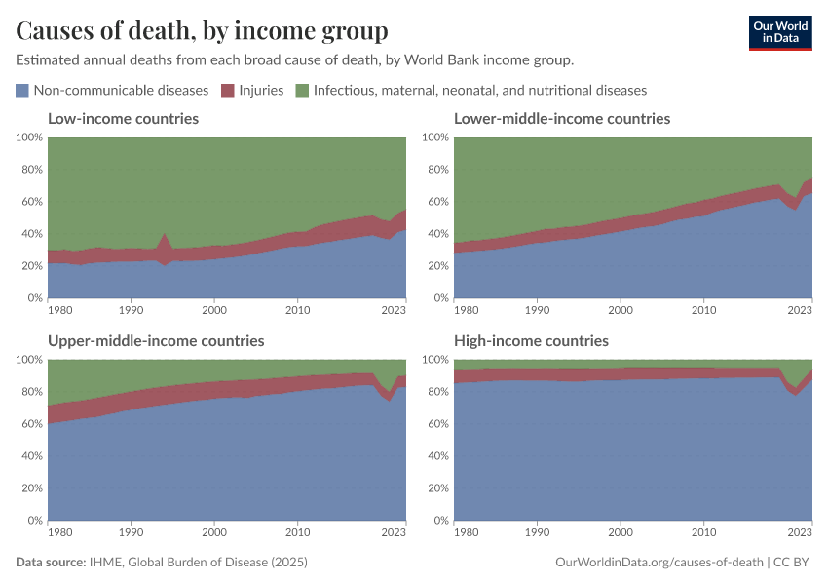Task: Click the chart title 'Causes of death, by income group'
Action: (x=202, y=31)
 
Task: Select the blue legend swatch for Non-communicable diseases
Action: (x=22, y=91)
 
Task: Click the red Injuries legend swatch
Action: (x=227, y=91)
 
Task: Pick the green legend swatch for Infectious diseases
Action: (x=302, y=91)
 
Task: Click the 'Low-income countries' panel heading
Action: (x=123, y=119)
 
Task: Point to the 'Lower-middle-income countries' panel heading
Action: (x=562, y=119)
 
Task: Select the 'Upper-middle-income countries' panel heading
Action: (x=156, y=341)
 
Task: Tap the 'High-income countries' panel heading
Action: (x=531, y=341)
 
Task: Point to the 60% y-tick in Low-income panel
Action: (x=29, y=202)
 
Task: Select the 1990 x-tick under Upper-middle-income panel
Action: (x=132, y=531)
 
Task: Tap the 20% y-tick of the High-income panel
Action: (x=435, y=488)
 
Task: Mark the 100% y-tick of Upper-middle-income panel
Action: (x=27, y=360)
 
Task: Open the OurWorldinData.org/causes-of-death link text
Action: (x=658, y=563)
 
